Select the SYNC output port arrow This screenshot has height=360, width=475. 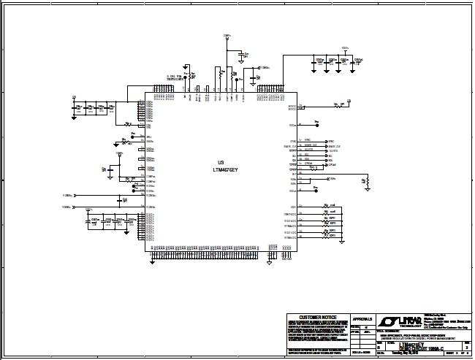tap(327, 140)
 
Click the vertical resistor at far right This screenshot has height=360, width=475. tap(368, 180)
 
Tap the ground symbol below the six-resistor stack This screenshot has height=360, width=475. tap(341, 241)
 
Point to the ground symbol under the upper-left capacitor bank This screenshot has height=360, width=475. tap(95, 117)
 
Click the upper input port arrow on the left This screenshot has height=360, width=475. tap(76, 196)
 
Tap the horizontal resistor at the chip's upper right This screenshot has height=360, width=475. tap(338, 105)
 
